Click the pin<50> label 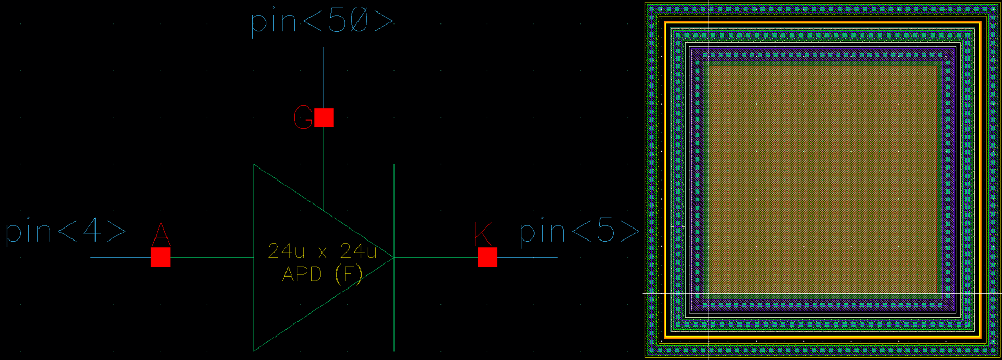pyautogui.click(x=322, y=22)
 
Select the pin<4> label pyautogui.click(x=66, y=231)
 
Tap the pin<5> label pyautogui.click(x=579, y=231)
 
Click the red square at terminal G pyautogui.click(x=324, y=117)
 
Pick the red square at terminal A pyautogui.click(x=160, y=257)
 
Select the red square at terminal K pyautogui.click(x=487, y=257)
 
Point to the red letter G pyautogui.click(x=303, y=117)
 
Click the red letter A pyautogui.click(x=161, y=234)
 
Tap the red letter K pyautogui.click(x=482, y=234)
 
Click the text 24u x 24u pyautogui.click(x=322, y=251)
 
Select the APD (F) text pyautogui.click(x=322, y=274)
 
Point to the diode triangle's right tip pyautogui.click(x=393, y=257)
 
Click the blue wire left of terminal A pyautogui.click(x=120, y=257)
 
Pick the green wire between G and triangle pyautogui.click(x=324, y=167)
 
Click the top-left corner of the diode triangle pyautogui.click(x=254, y=165)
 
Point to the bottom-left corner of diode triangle pyautogui.click(x=254, y=350)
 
